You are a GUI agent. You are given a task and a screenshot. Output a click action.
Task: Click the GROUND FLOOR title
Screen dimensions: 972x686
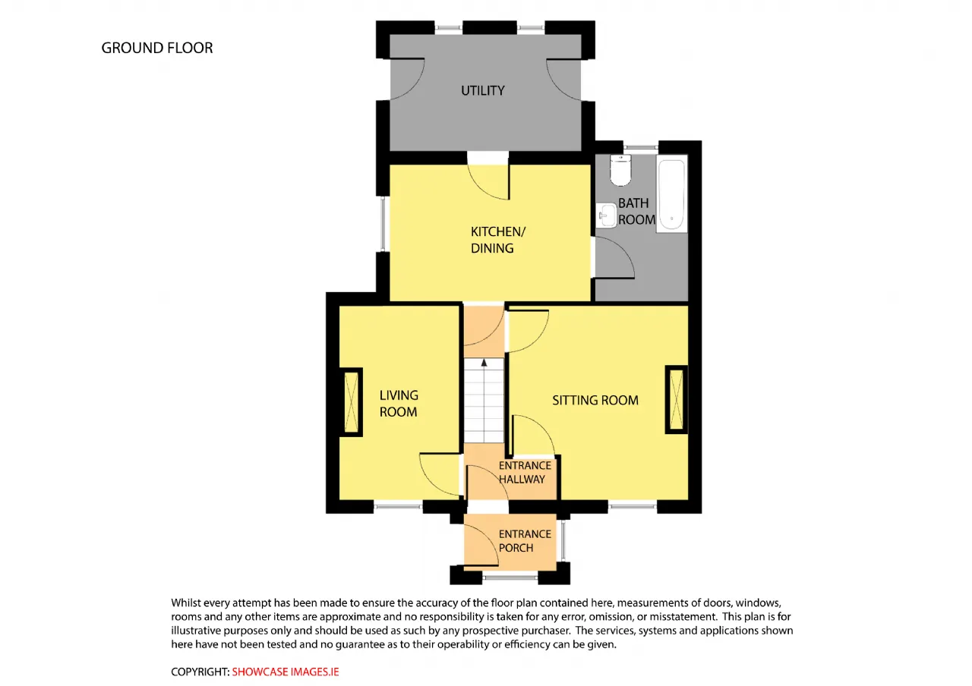[157, 48]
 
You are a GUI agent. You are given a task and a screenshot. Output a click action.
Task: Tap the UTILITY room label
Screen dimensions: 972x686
[482, 90]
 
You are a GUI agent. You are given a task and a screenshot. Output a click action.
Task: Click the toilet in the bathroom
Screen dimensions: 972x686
[620, 169]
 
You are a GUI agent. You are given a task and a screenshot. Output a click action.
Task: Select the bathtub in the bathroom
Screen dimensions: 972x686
[671, 194]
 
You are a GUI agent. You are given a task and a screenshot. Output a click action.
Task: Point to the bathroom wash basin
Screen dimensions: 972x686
[606, 216]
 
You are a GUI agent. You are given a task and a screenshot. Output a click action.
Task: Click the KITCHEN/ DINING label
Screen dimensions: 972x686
[498, 240]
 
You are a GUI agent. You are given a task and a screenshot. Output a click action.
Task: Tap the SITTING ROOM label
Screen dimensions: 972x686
[595, 400]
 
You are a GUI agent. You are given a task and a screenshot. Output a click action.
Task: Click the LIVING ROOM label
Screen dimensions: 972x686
[399, 403]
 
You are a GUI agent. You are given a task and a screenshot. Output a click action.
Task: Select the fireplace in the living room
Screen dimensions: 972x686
[351, 402]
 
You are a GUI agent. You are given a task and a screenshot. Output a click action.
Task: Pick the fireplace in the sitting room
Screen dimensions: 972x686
[677, 400]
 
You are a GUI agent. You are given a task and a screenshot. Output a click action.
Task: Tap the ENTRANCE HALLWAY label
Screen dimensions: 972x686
[525, 472]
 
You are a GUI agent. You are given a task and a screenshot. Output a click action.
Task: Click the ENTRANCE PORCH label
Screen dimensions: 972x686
[525, 541]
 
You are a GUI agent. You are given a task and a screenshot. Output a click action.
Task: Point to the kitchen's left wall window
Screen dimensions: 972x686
[383, 224]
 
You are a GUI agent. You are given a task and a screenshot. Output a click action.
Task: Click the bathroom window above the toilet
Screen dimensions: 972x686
[641, 147]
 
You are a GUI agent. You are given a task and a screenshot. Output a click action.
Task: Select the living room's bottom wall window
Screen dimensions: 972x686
[398, 505]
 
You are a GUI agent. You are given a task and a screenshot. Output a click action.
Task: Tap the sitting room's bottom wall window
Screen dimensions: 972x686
[633, 505]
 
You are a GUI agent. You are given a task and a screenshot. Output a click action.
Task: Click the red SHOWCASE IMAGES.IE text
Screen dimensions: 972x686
[285, 672]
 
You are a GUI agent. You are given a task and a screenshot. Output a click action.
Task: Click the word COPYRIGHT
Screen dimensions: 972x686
[200, 672]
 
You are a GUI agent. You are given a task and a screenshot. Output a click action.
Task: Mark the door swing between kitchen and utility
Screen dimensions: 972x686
[488, 181]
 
